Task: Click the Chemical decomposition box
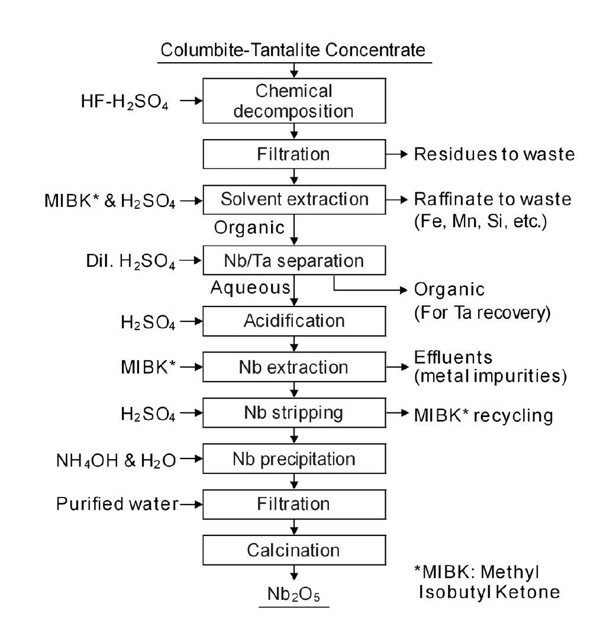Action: [x=294, y=101]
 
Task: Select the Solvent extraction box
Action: [x=294, y=199]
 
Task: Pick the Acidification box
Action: [x=294, y=321]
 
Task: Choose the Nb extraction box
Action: [x=294, y=367]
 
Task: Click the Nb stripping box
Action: [x=294, y=414]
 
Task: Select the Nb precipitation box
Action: [x=294, y=458]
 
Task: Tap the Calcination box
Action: [x=294, y=550]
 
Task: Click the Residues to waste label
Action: [x=494, y=155]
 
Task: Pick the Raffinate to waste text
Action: [x=492, y=199]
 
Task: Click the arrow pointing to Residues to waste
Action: [x=397, y=155]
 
